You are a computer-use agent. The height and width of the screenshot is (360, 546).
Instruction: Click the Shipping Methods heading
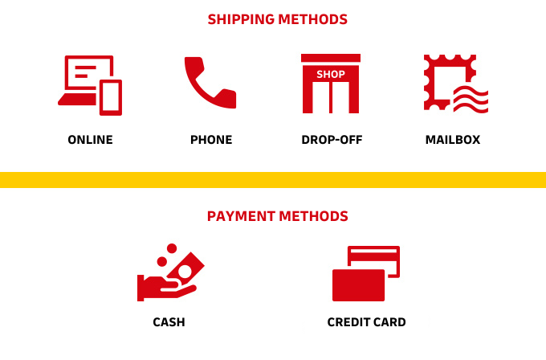pyautogui.click(x=278, y=19)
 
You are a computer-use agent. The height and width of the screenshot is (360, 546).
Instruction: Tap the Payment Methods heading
pyautogui.click(x=278, y=216)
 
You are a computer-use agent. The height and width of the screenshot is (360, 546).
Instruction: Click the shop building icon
pyautogui.click(x=331, y=84)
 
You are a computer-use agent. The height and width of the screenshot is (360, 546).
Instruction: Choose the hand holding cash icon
pyautogui.click(x=170, y=272)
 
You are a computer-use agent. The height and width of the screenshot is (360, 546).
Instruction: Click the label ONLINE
pyautogui.click(x=90, y=140)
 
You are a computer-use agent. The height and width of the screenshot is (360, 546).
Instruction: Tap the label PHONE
pyautogui.click(x=211, y=140)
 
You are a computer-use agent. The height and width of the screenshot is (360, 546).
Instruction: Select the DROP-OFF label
pyautogui.click(x=332, y=140)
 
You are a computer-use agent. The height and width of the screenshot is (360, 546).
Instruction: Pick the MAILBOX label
pyautogui.click(x=453, y=140)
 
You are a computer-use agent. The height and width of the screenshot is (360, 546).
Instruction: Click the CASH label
pyautogui.click(x=169, y=322)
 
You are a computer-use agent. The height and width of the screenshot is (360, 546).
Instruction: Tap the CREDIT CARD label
pyautogui.click(x=366, y=322)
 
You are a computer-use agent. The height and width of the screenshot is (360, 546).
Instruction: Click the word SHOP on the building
pyautogui.click(x=331, y=74)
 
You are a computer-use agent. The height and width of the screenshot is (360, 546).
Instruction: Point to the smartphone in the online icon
pyautogui.click(x=111, y=97)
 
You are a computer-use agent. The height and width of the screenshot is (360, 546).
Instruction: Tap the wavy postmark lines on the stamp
pyautogui.click(x=471, y=100)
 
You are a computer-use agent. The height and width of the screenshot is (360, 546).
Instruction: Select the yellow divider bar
pyautogui.click(x=273, y=180)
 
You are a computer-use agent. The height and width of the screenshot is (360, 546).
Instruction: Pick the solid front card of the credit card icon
pyautogui.click(x=358, y=285)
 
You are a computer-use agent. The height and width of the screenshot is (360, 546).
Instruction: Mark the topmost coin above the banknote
pyautogui.click(x=172, y=248)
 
